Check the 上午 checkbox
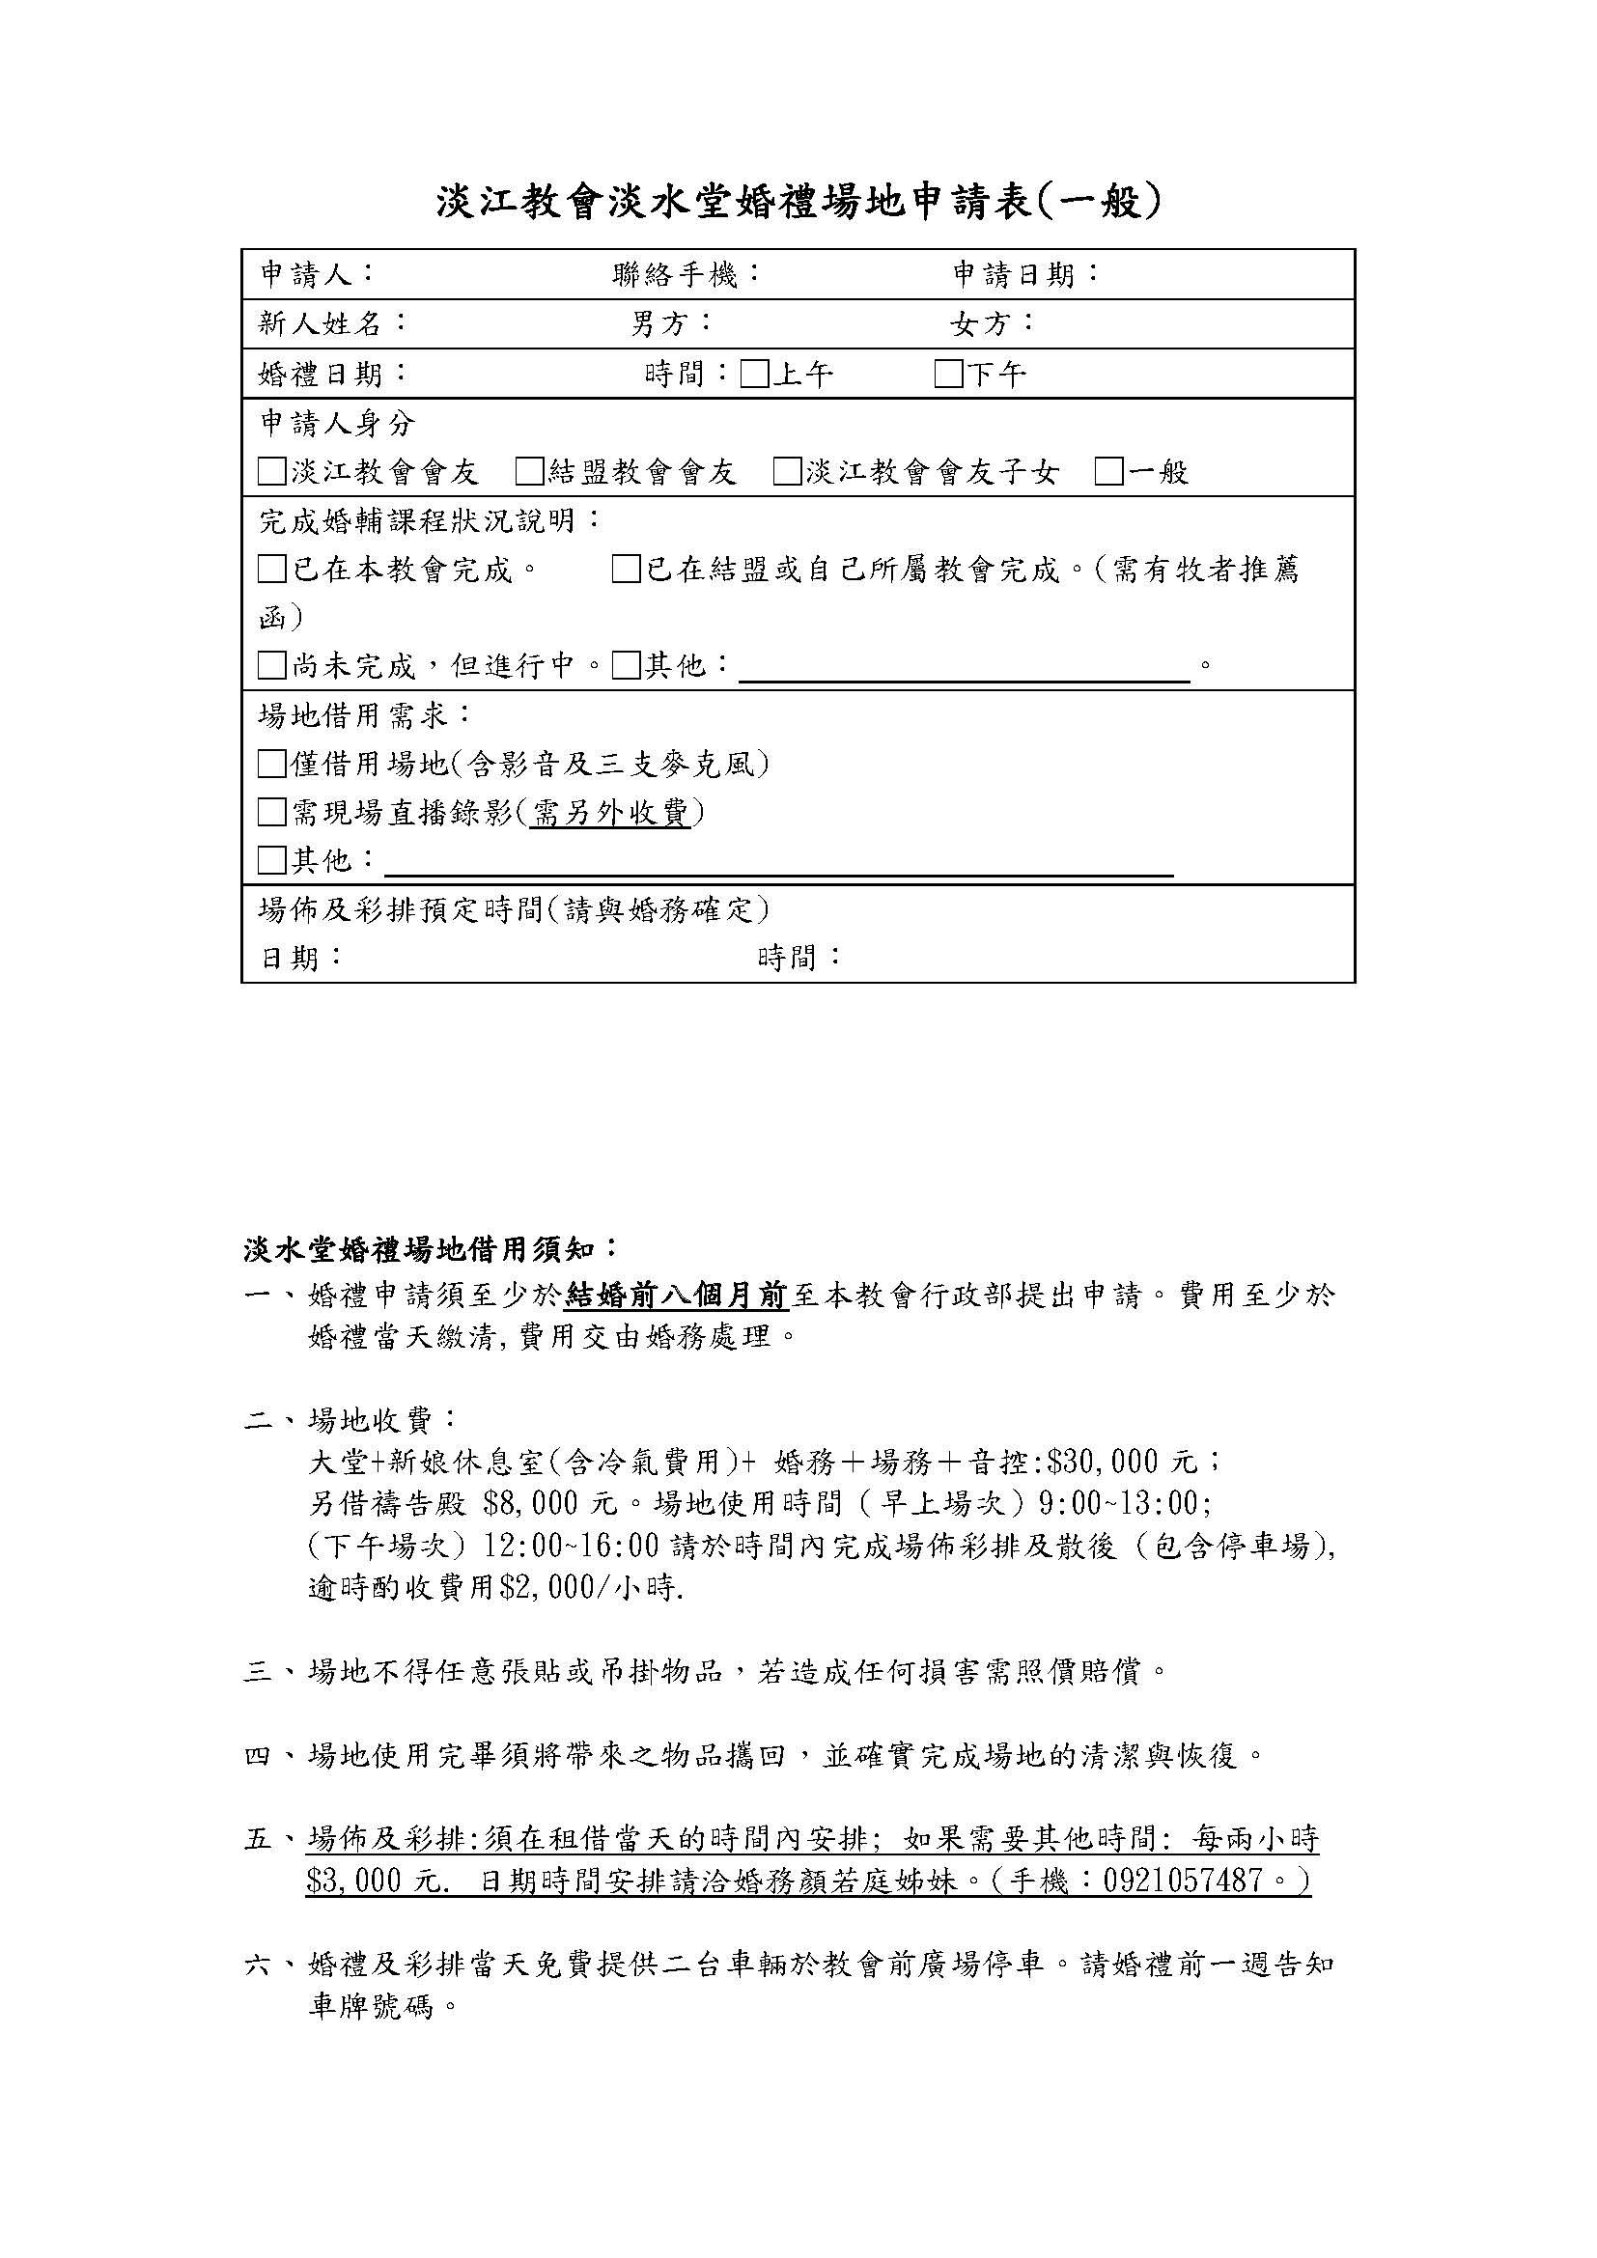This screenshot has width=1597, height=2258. pyautogui.click(x=755, y=375)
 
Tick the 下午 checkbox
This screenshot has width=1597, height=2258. pyautogui.click(x=949, y=375)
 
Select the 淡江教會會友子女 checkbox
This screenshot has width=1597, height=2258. pyautogui.click(x=788, y=472)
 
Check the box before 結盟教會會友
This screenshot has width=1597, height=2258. pyautogui.click(x=530, y=472)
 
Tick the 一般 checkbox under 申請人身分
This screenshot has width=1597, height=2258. pyautogui.click(x=1109, y=472)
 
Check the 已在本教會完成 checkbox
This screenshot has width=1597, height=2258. pyautogui.click(x=271, y=570)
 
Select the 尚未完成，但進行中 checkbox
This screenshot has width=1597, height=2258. pyautogui.click(x=271, y=667)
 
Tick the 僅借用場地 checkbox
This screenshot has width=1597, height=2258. pyautogui.click(x=271, y=764)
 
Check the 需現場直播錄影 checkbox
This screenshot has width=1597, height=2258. pyautogui.click(x=271, y=812)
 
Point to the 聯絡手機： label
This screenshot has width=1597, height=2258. pyautogui.click(x=686, y=274)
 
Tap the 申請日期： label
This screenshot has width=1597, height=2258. pyautogui.click(x=1026, y=274)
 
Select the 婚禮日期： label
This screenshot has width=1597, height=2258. pyautogui.click(x=333, y=375)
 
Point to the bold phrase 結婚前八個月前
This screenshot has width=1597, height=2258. pyautogui.click(x=677, y=1296)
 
